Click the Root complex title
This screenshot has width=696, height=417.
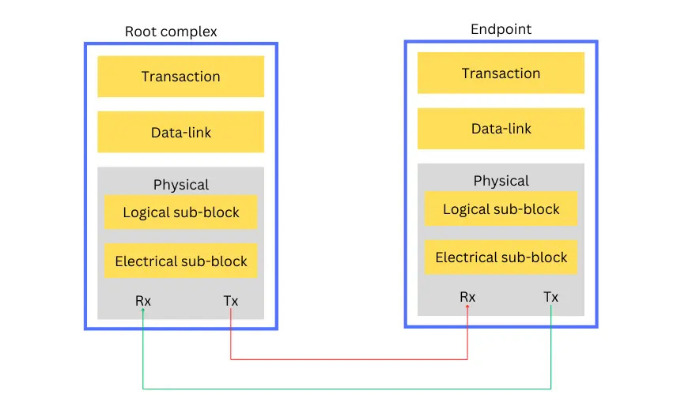[x=171, y=32]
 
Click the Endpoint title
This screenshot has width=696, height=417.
[x=501, y=29]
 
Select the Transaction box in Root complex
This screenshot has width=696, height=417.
[x=180, y=77]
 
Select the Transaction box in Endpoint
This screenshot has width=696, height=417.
[x=501, y=73]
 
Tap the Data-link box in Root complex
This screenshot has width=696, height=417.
[x=180, y=132]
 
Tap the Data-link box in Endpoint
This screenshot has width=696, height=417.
[x=501, y=129]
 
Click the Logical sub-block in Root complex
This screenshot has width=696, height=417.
[x=180, y=212]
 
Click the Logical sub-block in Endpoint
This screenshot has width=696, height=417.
[x=501, y=209]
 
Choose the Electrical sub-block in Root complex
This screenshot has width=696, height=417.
[x=180, y=261]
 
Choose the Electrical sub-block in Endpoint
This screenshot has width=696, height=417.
[x=501, y=257]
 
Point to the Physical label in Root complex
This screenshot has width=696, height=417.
[x=180, y=185]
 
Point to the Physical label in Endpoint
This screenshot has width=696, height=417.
[x=501, y=181]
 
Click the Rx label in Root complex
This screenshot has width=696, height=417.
[x=142, y=301]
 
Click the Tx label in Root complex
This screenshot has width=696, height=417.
[x=230, y=301]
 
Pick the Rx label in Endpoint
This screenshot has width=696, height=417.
[x=467, y=297]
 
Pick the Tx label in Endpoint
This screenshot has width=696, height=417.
[x=550, y=297]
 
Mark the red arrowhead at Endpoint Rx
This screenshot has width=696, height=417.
[x=467, y=308]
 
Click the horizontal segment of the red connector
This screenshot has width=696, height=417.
[x=348, y=359]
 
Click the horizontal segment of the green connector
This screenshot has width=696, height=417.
[x=348, y=389]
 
